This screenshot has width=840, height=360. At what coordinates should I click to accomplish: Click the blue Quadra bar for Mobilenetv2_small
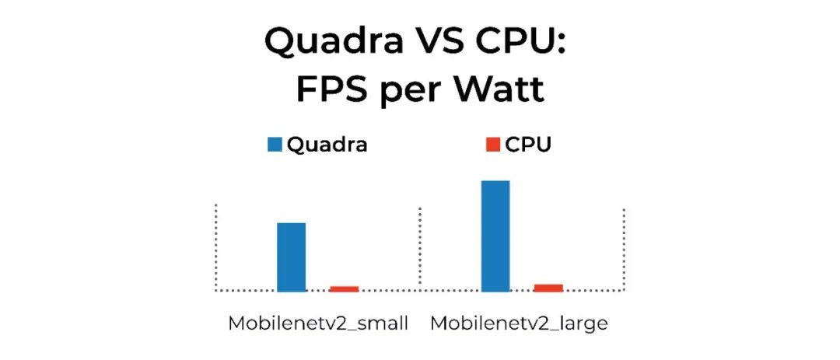(x=292, y=257)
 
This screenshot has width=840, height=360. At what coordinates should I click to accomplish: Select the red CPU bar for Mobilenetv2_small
(x=344, y=288)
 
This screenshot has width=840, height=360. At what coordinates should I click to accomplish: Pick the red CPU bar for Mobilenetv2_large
(x=548, y=288)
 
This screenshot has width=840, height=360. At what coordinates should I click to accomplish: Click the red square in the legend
(x=492, y=145)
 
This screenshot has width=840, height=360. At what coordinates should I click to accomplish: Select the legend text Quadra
(x=327, y=145)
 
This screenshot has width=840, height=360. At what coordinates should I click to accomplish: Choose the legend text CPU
(x=528, y=145)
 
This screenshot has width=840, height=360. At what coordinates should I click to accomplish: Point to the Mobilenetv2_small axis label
(x=317, y=323)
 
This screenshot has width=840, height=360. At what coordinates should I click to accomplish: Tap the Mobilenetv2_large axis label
(x=520, y=323)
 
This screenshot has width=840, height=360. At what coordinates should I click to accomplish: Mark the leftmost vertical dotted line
(x=215, y=247)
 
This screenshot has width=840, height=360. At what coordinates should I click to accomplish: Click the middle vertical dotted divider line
(x=420, y=247)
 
